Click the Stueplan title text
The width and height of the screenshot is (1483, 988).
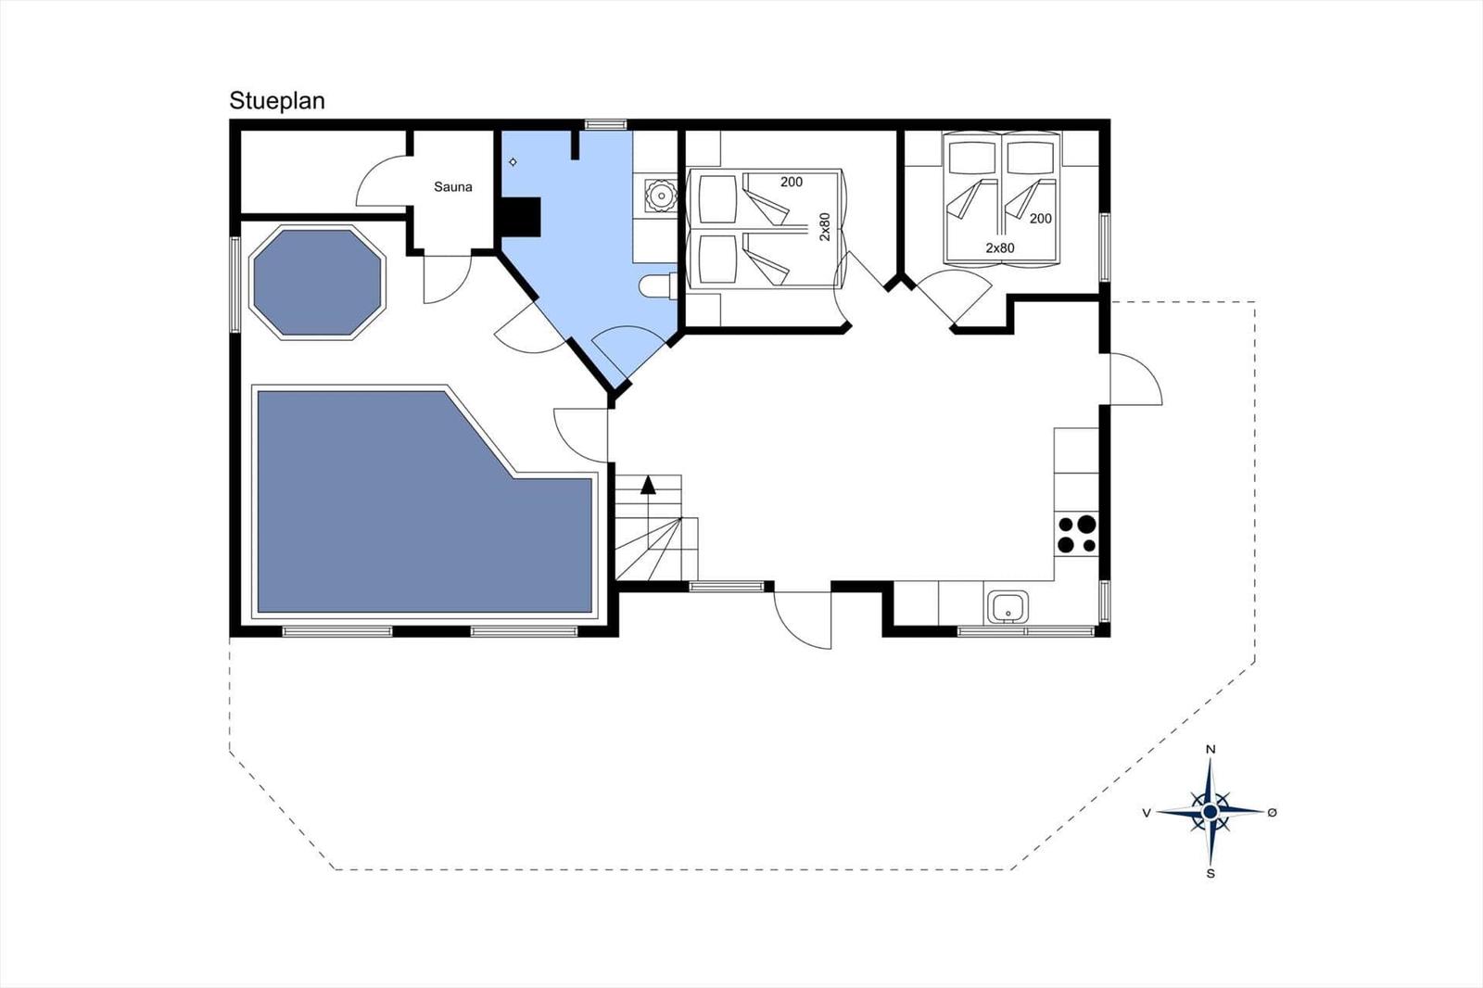[x=277, y=101]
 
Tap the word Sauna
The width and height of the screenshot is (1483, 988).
[x=453, y=186]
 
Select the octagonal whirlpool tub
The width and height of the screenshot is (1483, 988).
[x=317, y=283]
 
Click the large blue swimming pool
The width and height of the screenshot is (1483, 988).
[x=425, y=502]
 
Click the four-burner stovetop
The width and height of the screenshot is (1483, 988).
[x=1076, y=535]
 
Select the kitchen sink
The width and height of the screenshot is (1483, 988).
[x=1008, y=607]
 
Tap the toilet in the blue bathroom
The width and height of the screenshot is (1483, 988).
[x=658, y=286]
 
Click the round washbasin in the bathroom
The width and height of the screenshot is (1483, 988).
[x=661, y=196]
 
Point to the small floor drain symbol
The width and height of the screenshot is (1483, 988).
[x=513, y=162]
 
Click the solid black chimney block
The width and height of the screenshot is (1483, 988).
[x=520, y=217]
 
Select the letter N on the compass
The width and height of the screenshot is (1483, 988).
[x=1210, y=750]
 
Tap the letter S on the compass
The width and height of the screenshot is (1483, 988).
[x=1210, y=873]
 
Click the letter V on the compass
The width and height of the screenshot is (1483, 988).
[x=1147, y=813]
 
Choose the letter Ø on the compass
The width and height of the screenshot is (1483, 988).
[x=1272, y=813]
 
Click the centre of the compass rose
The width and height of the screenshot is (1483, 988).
[x=1210, y=811]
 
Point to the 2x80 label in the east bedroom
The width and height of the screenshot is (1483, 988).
[x=1000, y=248]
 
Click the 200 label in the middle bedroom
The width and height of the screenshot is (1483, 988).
[x=792, y=182]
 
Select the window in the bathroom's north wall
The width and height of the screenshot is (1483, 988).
[x=605, y=124]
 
